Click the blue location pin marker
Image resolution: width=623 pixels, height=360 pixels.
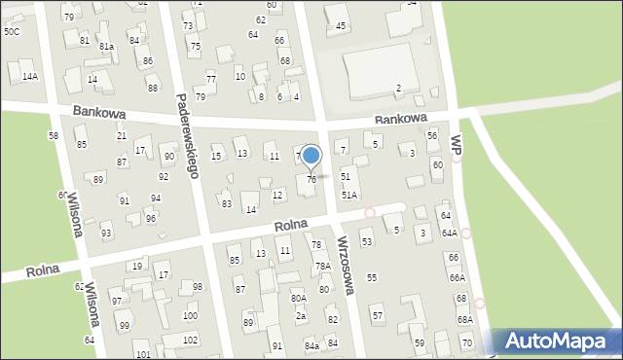click(311, 156)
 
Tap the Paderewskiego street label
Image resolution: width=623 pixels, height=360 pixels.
click(188, 135)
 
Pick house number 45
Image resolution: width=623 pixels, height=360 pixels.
click(341, 25)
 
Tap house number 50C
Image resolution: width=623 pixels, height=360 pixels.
click(11, 31)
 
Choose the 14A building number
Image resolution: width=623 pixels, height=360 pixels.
click(30, 76)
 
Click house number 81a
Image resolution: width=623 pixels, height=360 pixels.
click(106, 47)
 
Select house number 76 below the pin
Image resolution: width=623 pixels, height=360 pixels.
click(311, 179)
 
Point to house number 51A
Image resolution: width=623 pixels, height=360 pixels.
click(348, 195)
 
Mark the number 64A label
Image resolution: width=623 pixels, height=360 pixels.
click(449, 233)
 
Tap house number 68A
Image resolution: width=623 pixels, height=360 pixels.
click(465, 319)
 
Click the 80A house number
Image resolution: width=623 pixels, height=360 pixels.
click(299, 298)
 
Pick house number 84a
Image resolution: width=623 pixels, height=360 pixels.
click(311, 345)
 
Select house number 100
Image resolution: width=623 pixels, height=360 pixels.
click(190, 316)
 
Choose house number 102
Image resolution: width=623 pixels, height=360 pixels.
click(190, 340)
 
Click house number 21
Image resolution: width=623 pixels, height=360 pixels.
click(122, 135)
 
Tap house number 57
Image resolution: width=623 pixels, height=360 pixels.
click(377, 316)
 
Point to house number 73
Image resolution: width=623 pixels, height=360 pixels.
click(188, 25)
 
